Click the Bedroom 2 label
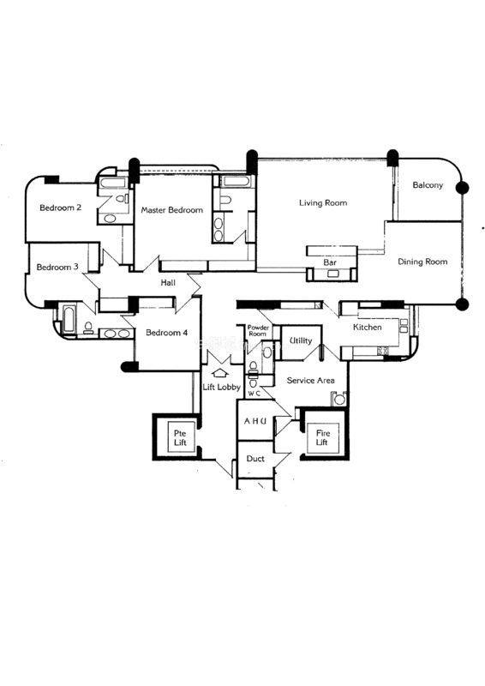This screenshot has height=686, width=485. point(60,208)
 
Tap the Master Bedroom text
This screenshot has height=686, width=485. point(172,210)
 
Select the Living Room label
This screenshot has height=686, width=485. point(323,202)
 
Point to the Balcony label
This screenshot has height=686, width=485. point(428,185)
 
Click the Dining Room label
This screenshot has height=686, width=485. point(422,262)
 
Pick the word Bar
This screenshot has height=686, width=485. point(330,262)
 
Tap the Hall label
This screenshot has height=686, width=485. point(168,283)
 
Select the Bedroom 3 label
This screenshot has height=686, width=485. point(57,267)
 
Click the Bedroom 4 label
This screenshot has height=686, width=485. point(166,333)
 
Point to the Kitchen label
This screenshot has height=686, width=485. point(368,327)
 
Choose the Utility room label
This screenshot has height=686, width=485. point(301,340)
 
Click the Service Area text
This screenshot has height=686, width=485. point(310,381)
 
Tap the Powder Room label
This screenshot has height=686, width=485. point(258,330)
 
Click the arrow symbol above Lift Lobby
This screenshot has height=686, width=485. point(219,373)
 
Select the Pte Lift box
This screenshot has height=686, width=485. point(180,437)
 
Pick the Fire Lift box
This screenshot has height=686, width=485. point(322,437)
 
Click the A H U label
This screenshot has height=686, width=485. point(255,421)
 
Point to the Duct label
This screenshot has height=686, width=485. point(255,459)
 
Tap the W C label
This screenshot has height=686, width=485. point(254,394)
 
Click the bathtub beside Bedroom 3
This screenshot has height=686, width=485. point(69,319)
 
